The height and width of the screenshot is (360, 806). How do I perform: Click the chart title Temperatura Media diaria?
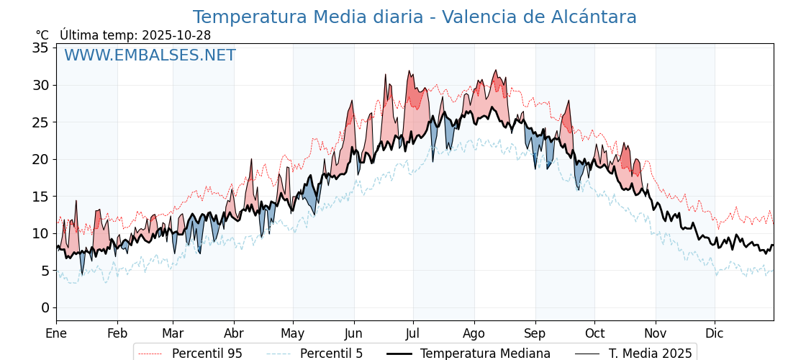[x=415, y=17]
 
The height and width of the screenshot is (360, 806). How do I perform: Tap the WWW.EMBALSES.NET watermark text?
[x=150, y=55]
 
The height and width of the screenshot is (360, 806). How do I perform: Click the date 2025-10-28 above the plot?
[x=176, y=35]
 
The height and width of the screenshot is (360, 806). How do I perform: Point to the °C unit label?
[x=42, y=35]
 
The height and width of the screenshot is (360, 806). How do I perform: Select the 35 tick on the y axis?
[x=40, y=48]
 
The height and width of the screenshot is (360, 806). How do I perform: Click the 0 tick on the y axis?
[x=45, y=307]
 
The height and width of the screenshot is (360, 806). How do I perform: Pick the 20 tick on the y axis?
[x=40, y=159]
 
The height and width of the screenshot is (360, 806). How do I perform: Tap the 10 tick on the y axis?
[x=40, y=233]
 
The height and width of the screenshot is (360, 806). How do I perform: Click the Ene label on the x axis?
[x=56, y=333]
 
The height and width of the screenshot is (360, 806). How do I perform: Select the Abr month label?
[x=234, y=333]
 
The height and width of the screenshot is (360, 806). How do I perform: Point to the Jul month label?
[x=413, y=333]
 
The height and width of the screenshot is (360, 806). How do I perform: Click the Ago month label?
[x=474, y=333]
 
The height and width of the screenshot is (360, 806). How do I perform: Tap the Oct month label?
[x=594, y=333]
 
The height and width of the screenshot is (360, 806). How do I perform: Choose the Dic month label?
[x=715, y=333]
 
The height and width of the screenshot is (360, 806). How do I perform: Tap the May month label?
[x=293, y=333]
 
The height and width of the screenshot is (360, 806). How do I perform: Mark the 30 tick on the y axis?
[x=40, y=85]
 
